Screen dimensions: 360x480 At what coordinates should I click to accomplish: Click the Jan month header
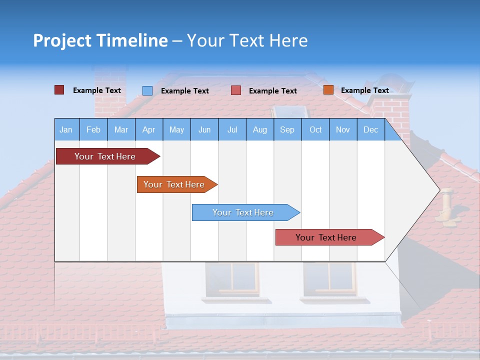[66, 129]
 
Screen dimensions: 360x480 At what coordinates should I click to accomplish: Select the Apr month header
[148, 129]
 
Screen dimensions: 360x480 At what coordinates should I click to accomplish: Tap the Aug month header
[259, 129]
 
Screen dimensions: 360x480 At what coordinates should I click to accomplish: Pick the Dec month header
[370, 129]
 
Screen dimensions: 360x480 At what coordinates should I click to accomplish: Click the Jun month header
[204, 129]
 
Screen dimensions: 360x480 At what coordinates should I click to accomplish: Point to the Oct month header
[315, 129]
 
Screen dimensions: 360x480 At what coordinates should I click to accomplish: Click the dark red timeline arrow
[105, 156]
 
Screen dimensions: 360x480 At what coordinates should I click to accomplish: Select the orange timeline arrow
[174, 184]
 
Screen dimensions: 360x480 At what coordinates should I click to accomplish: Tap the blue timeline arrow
[243, 212]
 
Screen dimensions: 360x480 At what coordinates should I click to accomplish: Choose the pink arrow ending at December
[326, 237]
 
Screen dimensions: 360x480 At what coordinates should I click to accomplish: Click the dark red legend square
[59, 90]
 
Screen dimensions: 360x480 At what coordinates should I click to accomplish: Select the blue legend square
[147, 90]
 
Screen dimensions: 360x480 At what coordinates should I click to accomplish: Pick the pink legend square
[236, 90]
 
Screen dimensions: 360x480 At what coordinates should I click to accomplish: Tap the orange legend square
[328, 90]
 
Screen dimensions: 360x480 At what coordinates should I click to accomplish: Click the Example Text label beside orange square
[364, 90]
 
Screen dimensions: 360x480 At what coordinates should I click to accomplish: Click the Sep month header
[287, 129]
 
